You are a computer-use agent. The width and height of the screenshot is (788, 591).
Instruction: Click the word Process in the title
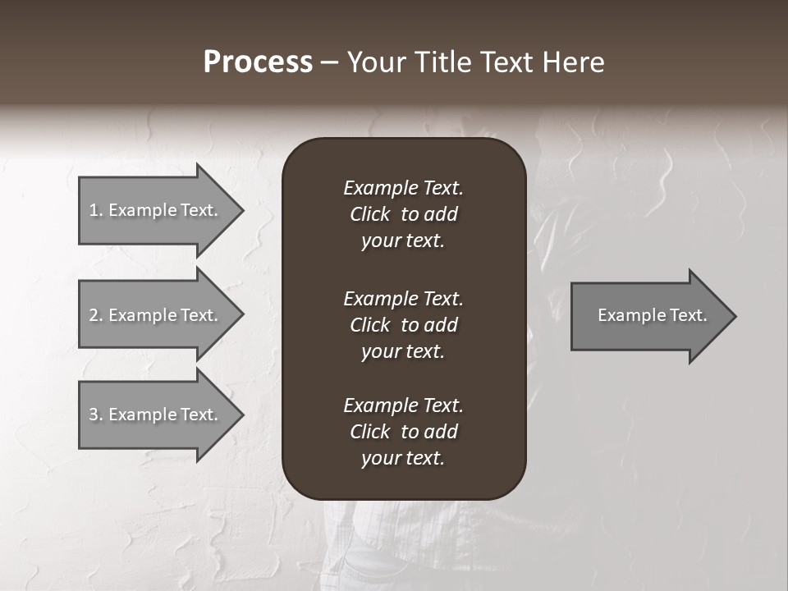pos(258,62)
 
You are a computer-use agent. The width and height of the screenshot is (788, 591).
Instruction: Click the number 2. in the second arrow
pos(95,315)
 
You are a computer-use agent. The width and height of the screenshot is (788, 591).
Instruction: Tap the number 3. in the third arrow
pos(95,415)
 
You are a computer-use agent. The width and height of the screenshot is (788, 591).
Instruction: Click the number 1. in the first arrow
pos(95,210)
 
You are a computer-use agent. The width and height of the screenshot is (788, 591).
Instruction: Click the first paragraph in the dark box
pos(403,214)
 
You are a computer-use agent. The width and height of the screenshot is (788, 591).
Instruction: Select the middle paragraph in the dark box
pos(403,325)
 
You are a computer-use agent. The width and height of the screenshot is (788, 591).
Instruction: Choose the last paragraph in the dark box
pos(403,432)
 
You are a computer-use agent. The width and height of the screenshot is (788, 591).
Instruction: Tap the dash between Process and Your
pos(329,62)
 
